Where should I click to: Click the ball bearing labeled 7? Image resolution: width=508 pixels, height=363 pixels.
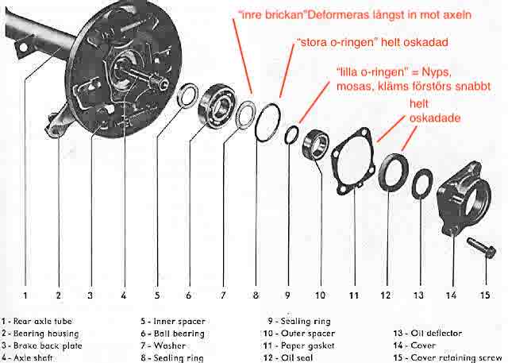(218, 104)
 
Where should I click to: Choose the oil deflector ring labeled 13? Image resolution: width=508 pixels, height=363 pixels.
(421, 183)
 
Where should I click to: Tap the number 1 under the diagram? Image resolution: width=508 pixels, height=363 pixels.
(25, 295)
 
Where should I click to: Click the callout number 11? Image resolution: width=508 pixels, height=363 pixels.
(352, 295)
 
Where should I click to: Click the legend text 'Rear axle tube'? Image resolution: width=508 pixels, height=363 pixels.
(44, 322)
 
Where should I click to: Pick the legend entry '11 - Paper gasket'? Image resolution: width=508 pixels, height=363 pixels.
(302, 346)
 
